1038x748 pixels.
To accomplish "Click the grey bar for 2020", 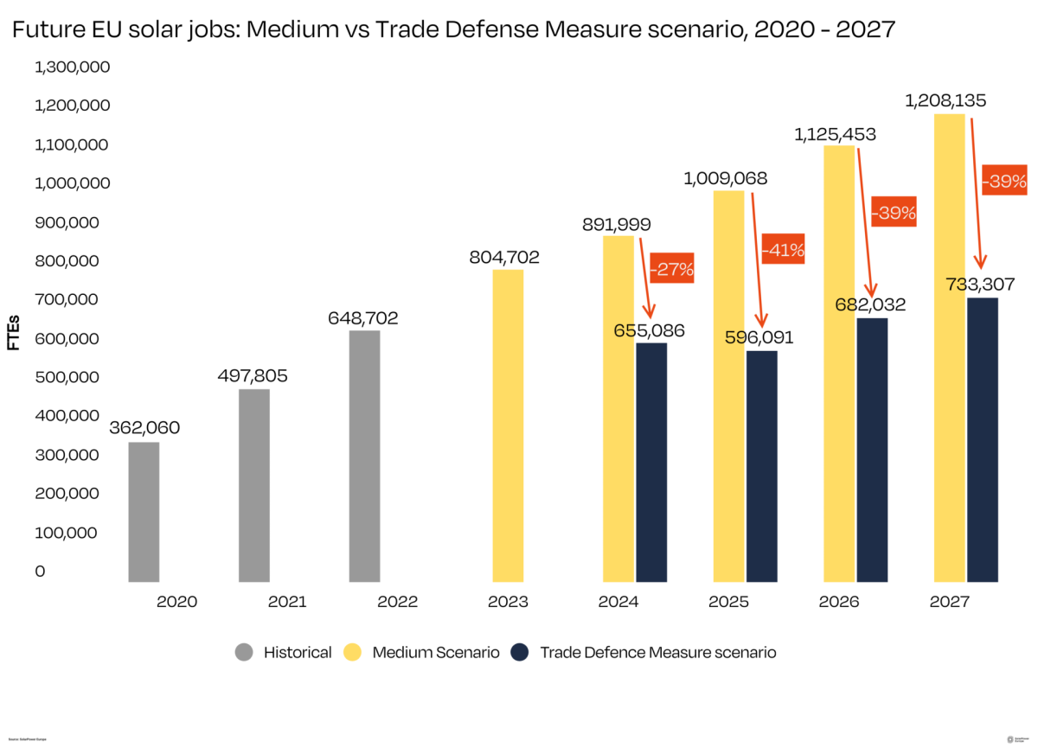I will click(x=144, y=512).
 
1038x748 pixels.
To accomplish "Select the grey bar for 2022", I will click(x=364, y=456).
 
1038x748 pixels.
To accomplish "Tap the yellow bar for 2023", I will click(x=508, y=425).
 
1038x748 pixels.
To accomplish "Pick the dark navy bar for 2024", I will click(x=651, y=463).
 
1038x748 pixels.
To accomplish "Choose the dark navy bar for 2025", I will click(x=762, y=466).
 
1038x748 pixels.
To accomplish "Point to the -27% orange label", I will click(x=672, y=269).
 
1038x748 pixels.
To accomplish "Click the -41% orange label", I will click(x=784, y=251).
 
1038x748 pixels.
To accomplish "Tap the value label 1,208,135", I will click(x=945, y=101).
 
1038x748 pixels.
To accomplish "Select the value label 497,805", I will click(x=253, y=376).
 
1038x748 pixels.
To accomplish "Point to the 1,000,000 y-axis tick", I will click(x=73, y=183).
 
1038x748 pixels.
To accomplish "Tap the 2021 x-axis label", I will click(x=287, y=602).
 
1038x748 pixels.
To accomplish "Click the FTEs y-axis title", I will click(x=14, y=333).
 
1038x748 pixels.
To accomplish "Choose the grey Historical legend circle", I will click(x=245, y=652).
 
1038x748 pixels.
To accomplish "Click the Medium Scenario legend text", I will click(x=436, y=652).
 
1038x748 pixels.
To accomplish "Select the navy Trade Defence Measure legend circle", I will click(x=521, y=652).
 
